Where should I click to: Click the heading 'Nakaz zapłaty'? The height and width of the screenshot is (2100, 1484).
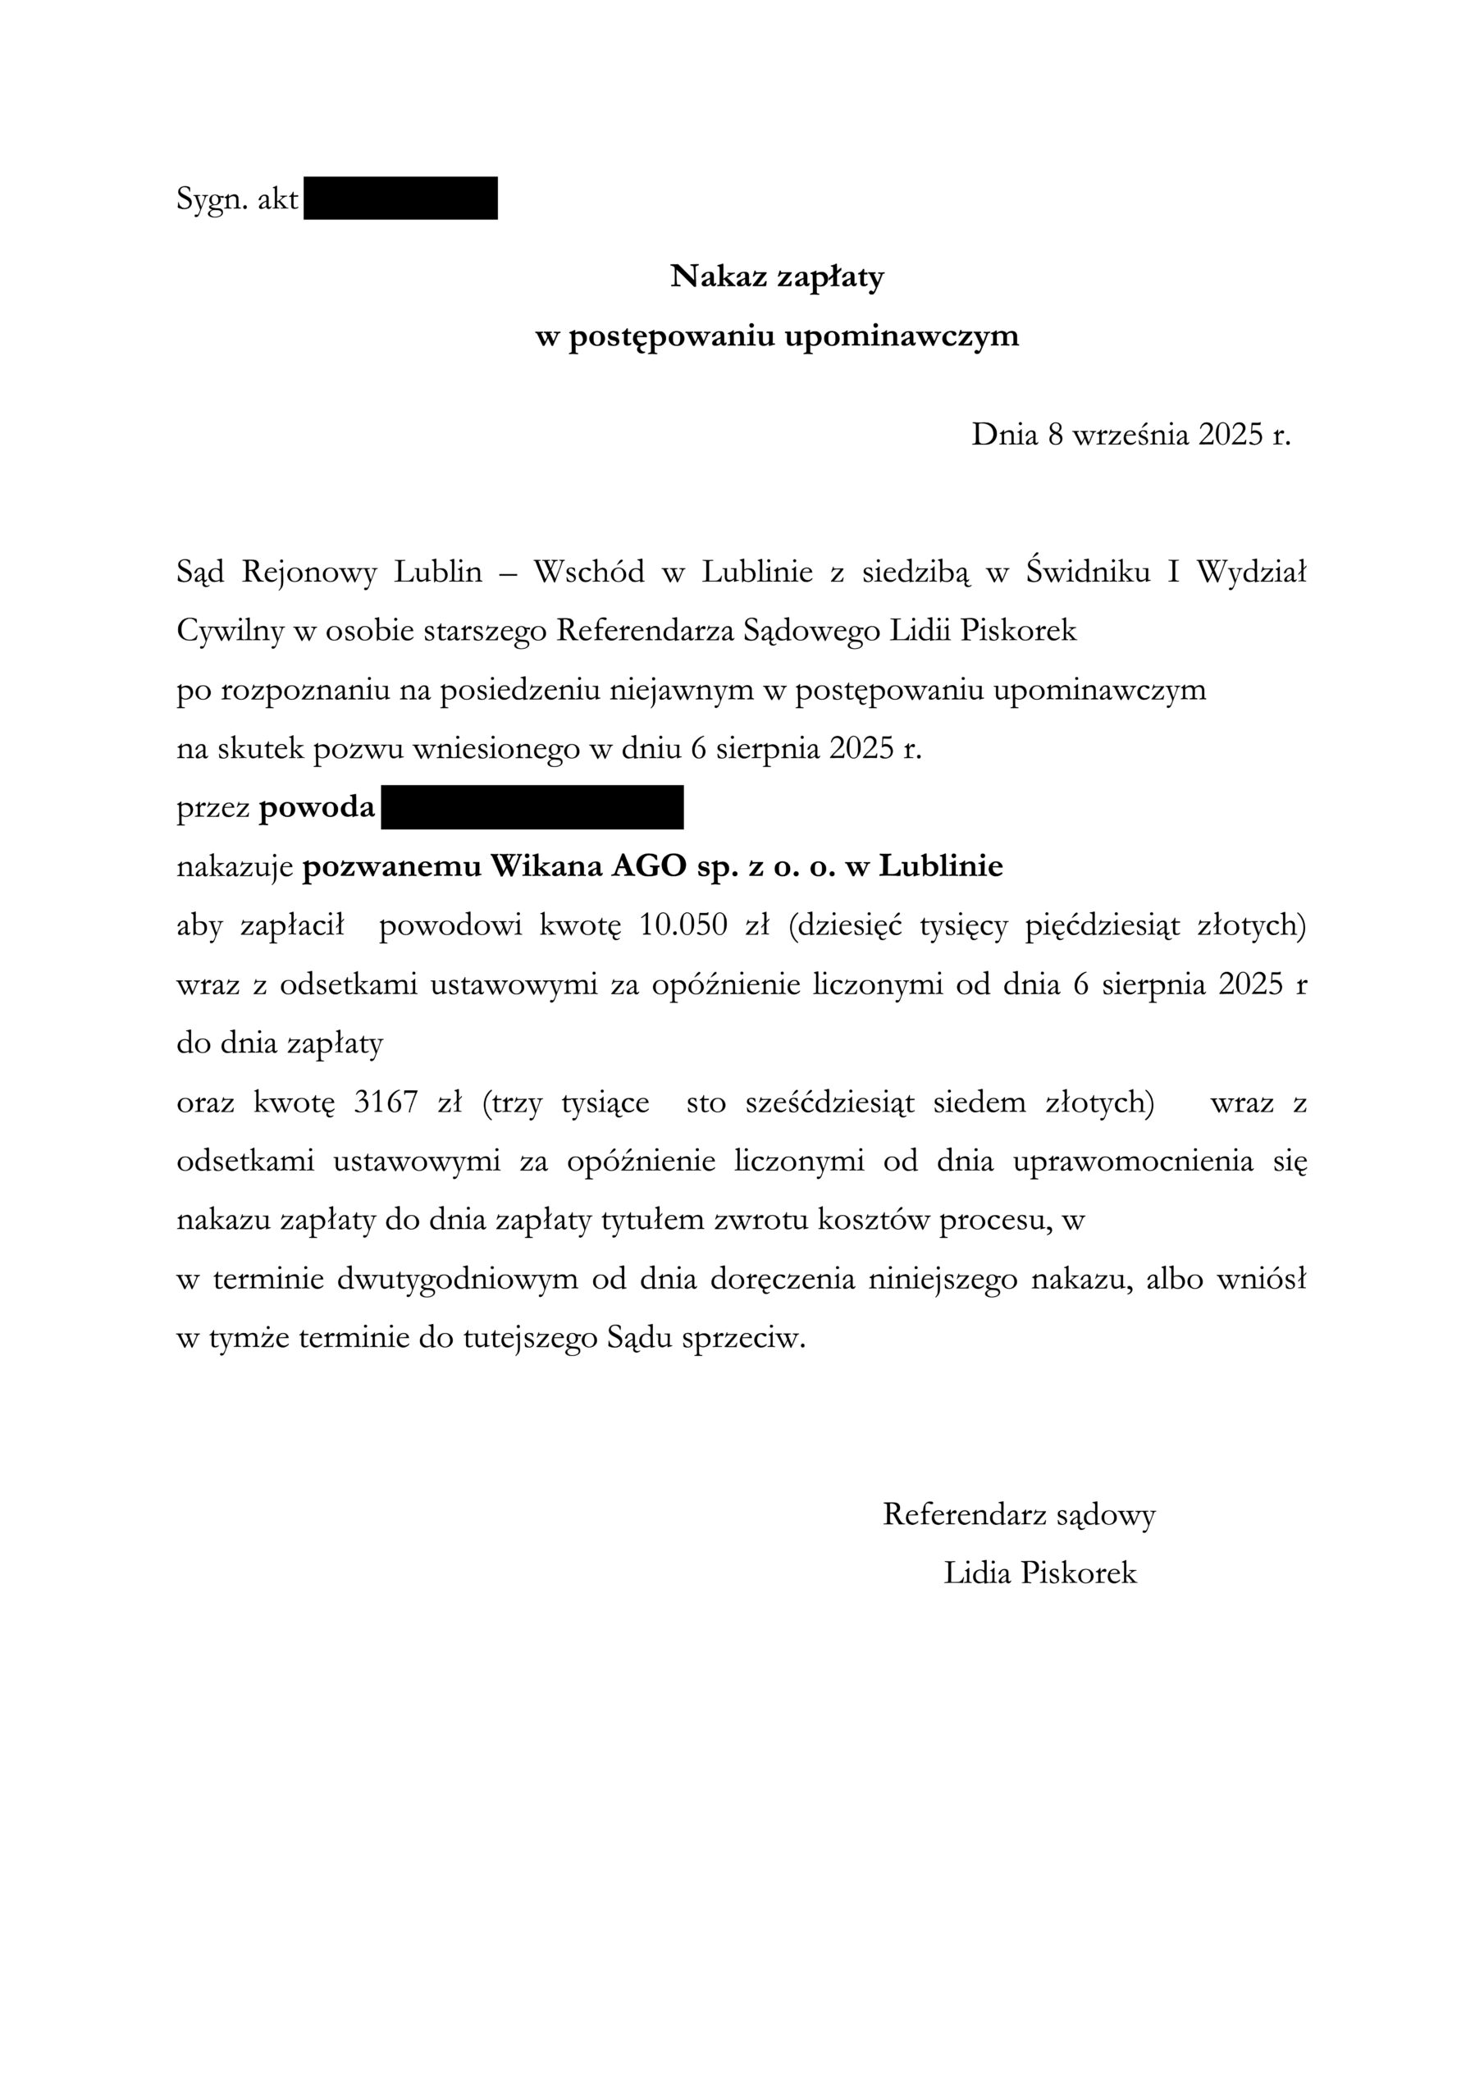[x=777, y=276]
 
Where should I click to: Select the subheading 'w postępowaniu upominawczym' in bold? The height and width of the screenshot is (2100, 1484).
[x=777, y=336]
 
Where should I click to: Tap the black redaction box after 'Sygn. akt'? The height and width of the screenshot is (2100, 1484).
[x=400, y=199]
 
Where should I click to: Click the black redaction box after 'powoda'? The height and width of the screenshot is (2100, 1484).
[x=532, y=808]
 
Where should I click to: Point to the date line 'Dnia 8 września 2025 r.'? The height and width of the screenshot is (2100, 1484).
[x=1130, y=435]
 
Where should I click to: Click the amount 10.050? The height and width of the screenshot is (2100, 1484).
[x=683, y=925]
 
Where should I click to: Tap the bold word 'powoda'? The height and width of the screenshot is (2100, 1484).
[x=317, y=809]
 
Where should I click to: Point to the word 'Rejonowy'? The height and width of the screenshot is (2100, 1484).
[x=309, y=573]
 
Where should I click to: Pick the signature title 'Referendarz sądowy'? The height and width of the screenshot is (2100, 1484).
[x=1018, y=1514]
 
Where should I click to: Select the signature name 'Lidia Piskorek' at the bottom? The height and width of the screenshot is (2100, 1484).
[x=1040, y=1573]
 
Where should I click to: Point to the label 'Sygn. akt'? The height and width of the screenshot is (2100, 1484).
[x=237, y=199]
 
